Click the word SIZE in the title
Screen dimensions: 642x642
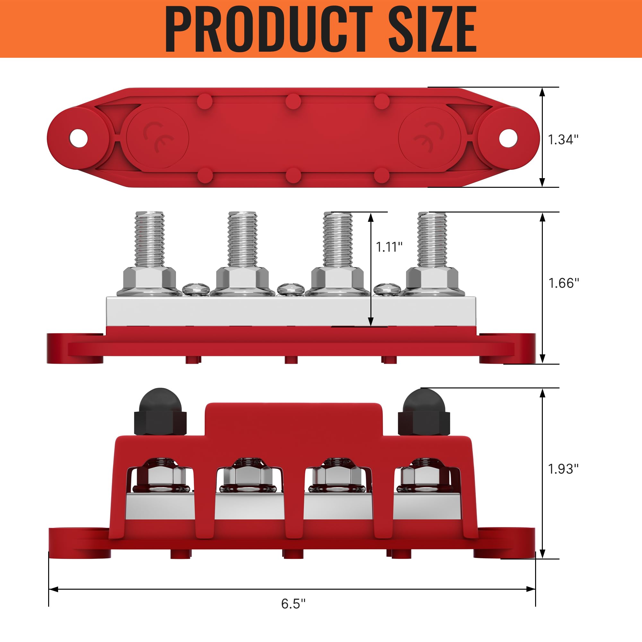click(x=432, y=29)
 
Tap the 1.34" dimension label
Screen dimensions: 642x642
click(x=563, y=140)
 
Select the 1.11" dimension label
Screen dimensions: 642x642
click(x=389, y=247)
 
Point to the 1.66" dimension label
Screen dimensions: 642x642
click(x=564, y=283)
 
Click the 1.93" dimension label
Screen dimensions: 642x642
click(x=563, y=469)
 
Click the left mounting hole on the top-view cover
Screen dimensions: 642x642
click(x=78, y=138)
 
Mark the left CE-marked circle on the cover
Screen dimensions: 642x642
click(x=158, y=138)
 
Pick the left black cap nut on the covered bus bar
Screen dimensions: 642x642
click(x=160, y=412)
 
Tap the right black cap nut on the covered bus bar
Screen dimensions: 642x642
click(x=423, y=412)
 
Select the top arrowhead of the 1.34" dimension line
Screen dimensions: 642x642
click(x=542, y=92)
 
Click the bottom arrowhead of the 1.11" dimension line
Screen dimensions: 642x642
click(x=371, y=322)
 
